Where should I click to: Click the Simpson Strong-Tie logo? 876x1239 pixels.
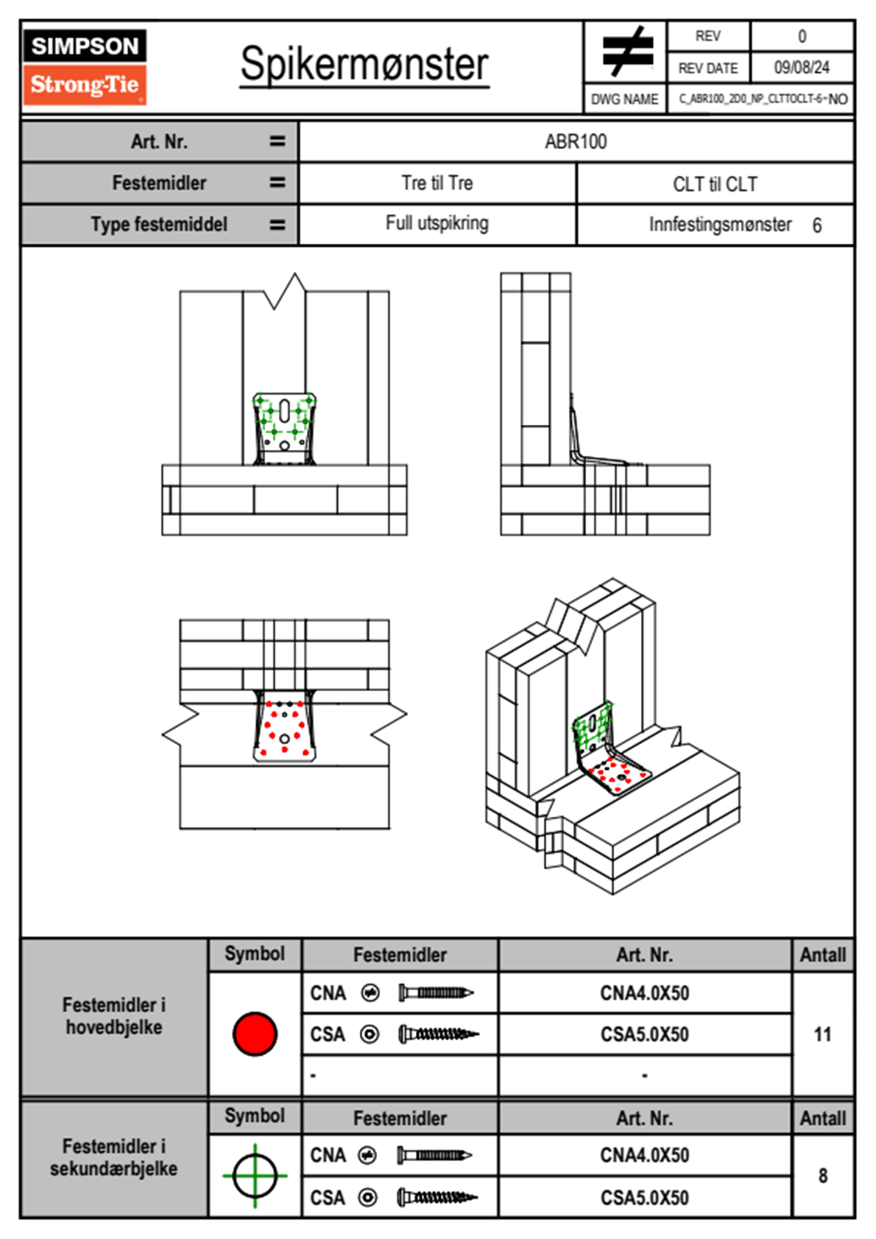pyautogui.click(x=85, y=66)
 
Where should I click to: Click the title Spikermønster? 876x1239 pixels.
pyautogui.click(x=364, y=64)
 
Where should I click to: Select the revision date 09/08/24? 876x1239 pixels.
pyautogui.click(x=801, y=68)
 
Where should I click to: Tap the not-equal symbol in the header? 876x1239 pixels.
pyautogui.click(x=627, y=52)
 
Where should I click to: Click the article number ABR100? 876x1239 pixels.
pyautogui.click(x=576, y=141)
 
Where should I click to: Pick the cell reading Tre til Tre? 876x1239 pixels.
pyautogui.click(x=437, y=183)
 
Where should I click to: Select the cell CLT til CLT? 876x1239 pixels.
pyautogui.click(x=715, y=184)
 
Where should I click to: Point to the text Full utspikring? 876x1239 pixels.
pyautogui.click(x=437, y=223)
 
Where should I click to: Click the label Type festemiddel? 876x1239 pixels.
pyautogui.click(x=159, y=224)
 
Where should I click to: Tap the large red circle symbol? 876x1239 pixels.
pyautogui.click(x=255, y=1033)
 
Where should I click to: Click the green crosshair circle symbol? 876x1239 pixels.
pyautogui.click(x=255, y=1176)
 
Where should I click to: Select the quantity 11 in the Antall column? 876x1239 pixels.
pyautogui.click(x=822, y=1034)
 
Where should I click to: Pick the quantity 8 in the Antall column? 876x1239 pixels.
pyautogui.click(x=822, y=1176)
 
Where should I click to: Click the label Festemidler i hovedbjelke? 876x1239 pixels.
pyautogui.click(x=114, y=1016)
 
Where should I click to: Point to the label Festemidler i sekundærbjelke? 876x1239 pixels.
pyautogui.click(x=114, y=1157)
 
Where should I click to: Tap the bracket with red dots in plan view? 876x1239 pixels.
pyautogui.click(x=285, y=727)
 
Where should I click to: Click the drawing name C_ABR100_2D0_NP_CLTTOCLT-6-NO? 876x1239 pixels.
pyautogui.click(x=763, y=99)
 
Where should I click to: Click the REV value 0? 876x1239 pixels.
pyautogui.click(x=802, y=36)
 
